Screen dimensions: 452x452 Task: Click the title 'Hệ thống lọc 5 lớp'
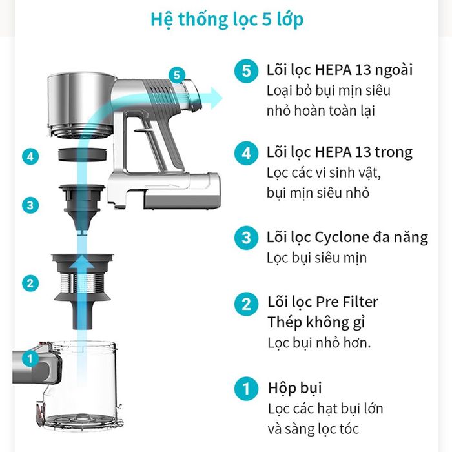pos(227,19)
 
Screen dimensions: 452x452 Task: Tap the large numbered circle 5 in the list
pos(246,71)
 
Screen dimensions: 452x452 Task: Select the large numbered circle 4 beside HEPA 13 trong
pos(246,153)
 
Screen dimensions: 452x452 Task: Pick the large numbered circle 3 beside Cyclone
pos(246,238)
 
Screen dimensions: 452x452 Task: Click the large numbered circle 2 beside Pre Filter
pos(246,304)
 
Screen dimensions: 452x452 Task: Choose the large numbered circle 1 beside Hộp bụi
pos(246,389)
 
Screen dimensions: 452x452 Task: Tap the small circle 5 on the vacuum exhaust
pos(177,75)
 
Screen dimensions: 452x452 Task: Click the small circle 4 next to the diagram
pos(30,156)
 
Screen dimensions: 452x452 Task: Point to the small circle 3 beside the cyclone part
pos(30,205)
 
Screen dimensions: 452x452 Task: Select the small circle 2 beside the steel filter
pos(30,283)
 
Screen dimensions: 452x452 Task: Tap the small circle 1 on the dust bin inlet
pos(30,359)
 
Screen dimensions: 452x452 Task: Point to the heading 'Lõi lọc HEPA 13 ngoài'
pos(340,70)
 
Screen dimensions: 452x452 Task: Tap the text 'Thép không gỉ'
pos(316,322)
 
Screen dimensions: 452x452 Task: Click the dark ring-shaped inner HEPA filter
pos(83,154)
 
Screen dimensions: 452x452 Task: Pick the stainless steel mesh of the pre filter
pos(82,283)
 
